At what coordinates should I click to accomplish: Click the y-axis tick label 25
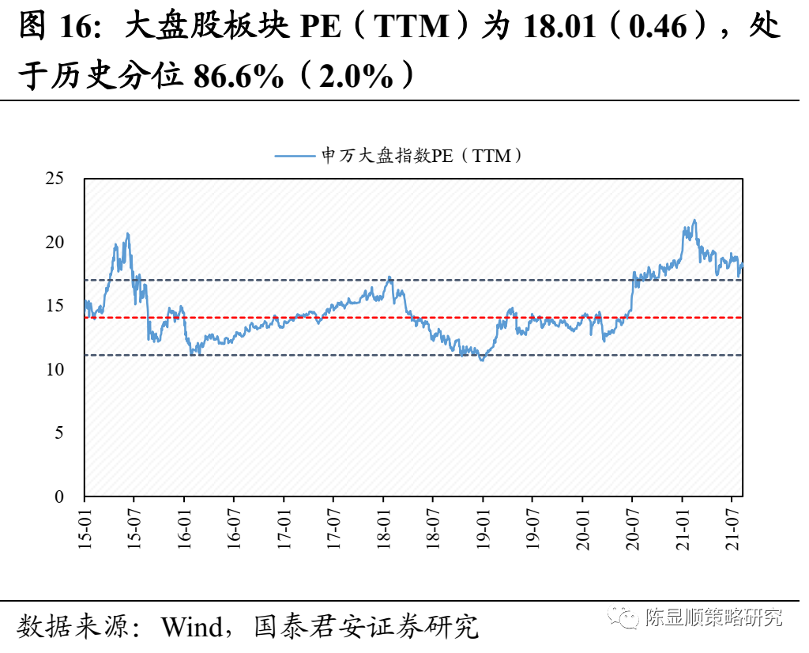pos(55,179)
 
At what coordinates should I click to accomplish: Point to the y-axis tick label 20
pos(55,243)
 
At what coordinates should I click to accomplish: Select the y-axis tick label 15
pos(55,306)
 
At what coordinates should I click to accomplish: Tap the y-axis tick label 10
pos(55,370)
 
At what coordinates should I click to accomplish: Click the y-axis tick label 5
pos(59,433)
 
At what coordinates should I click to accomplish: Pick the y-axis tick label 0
pos(59,497)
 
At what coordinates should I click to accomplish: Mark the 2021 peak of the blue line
pos(694,221)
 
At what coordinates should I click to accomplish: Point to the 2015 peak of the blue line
pos(128,234)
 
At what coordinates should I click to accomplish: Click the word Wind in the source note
pos(192,627)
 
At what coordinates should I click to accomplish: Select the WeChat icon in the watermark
pos(627,618)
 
